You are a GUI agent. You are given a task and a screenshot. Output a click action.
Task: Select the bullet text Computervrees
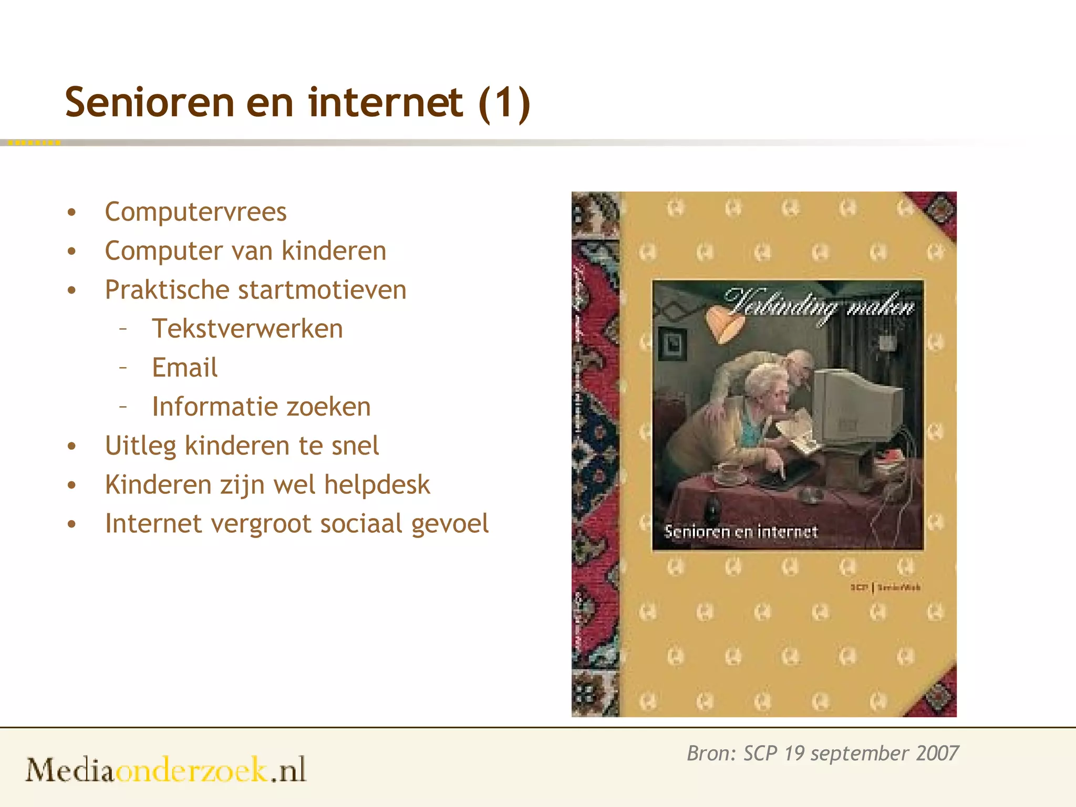[x=195, y=212]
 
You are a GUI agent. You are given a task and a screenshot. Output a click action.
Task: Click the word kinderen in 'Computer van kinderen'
[x=334, y=251]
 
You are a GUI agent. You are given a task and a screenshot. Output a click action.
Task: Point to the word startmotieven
[x=322, y=289]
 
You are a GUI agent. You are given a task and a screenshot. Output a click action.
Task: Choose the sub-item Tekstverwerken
[x=247, y=329]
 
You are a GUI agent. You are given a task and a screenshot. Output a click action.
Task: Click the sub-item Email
[x=184, y=367]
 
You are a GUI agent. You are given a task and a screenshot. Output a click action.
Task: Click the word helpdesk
[x=377, y=484]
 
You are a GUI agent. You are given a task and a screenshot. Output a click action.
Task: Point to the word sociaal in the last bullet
[x=361, y=523]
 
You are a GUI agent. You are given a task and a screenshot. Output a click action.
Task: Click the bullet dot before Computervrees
[x=72, y=212]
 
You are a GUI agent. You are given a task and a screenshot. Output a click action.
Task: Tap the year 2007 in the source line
[x=937, y=753]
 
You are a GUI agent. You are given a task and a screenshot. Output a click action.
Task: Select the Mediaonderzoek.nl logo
[x=166, y=770]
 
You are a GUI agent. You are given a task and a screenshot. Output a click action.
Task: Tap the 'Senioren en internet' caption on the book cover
[x=741, y=531]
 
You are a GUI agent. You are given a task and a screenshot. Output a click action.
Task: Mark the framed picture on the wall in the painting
[x=672, y=344]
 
